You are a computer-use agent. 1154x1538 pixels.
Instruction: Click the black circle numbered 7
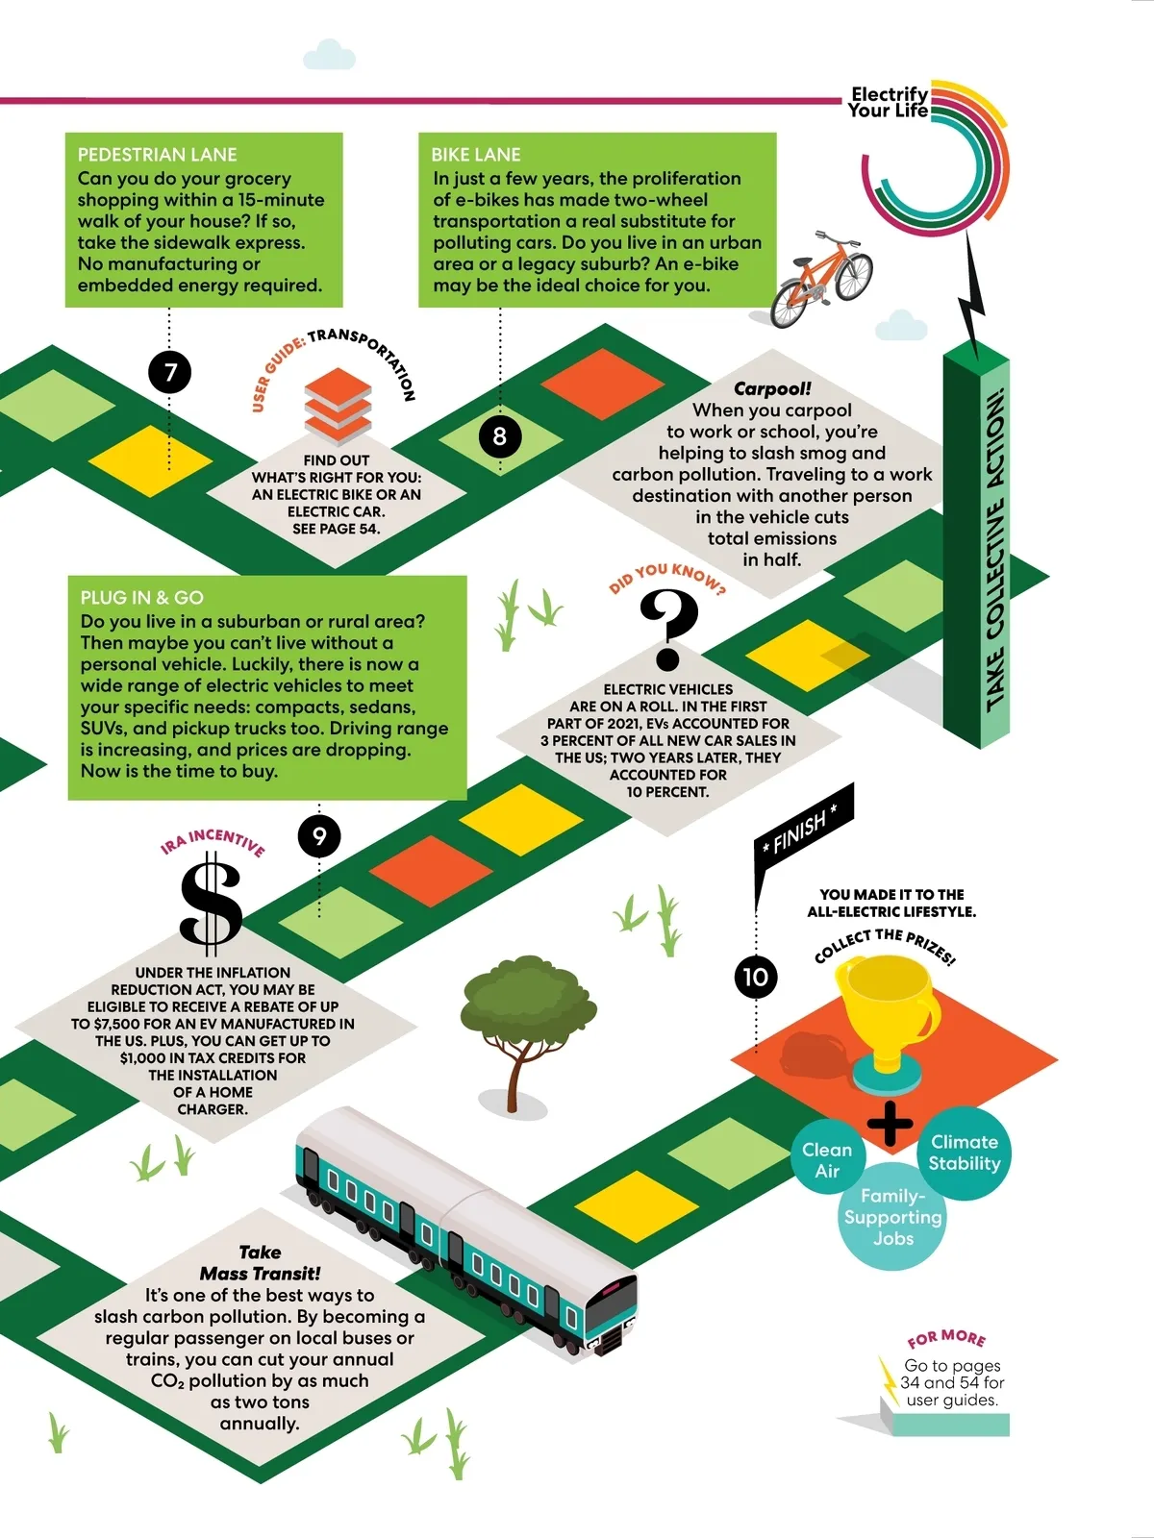point(170,372)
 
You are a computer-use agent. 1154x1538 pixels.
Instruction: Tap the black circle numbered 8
point(499,436)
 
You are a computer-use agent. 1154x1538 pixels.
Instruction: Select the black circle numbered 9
point(319,836)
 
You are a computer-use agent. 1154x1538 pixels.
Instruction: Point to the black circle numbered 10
point(756,977)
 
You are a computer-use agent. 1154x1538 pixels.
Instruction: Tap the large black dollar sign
point(212,904)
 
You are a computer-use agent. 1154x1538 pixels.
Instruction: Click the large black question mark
point(668,629)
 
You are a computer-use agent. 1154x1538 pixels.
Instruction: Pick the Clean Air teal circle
point(827,1159)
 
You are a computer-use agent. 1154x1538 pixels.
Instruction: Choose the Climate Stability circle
point(965,1152)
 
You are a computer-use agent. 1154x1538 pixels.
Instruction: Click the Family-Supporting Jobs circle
point(893,1217)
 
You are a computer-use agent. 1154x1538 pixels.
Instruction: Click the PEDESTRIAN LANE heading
point(157,155)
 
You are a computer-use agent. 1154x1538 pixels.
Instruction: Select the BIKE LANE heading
point(476,155)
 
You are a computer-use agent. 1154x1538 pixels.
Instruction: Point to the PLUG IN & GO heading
point(142,597)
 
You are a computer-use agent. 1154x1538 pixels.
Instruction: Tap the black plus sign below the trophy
point(890,1123)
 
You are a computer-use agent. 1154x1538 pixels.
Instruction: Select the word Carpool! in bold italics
point(772,388)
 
